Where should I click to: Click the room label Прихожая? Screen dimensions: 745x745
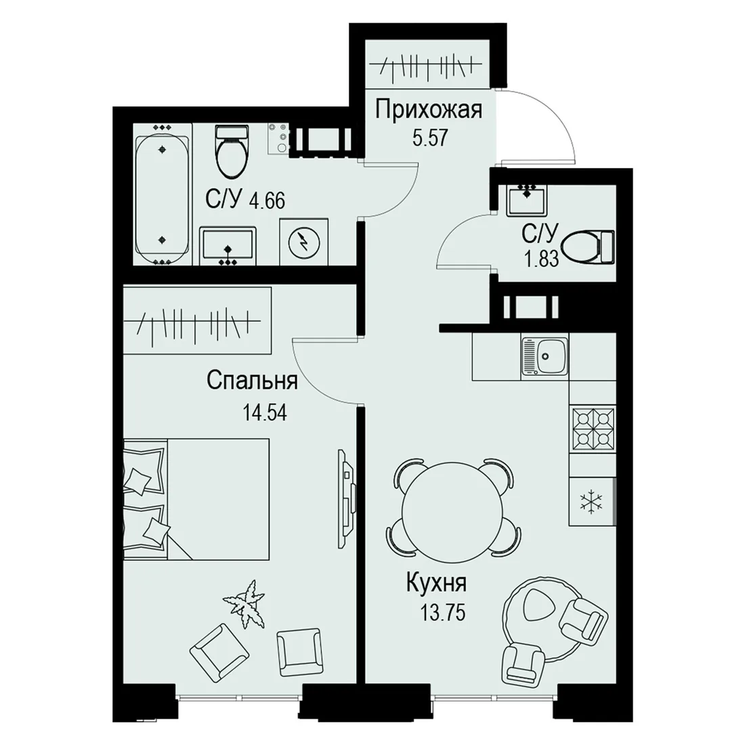click(x=429, y=110)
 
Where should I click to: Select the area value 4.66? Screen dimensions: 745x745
click(x=267, y=200)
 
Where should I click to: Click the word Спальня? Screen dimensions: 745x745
click(x=253, y=381)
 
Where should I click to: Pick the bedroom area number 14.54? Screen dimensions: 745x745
click(x=265, y=412)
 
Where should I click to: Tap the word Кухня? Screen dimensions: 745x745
click(x=437, y=583)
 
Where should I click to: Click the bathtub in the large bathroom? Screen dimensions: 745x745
click(x=163, y=195)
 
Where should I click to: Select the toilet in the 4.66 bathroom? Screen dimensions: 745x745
click(x=232, y=151)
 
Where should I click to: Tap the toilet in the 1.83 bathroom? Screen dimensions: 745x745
click(x=588, y=247)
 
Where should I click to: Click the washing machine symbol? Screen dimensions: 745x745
click(x=304, y=241)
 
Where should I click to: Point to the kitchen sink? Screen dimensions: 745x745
click(x=545, y=356)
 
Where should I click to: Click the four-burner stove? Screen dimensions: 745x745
click(x=593, y=429)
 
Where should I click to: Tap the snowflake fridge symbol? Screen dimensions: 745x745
click(x=593, y=502)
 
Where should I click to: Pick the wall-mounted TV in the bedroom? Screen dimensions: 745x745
click(x=347, y=498)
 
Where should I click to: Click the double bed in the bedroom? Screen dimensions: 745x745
click(x=196, y=499)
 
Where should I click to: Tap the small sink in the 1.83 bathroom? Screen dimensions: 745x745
click(x=526, y=200)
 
